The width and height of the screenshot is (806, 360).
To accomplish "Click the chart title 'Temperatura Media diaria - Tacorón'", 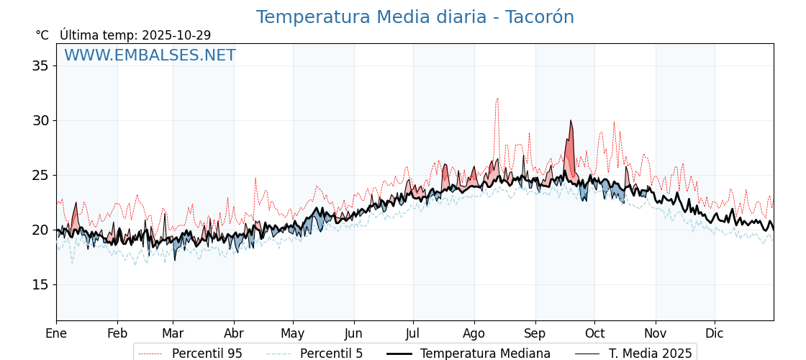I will coord(415,17).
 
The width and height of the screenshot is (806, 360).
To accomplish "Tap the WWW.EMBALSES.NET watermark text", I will coord(150,55).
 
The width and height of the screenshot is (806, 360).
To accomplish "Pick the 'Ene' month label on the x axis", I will coord(56,333).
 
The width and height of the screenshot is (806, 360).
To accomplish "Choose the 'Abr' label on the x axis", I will coord(234,333).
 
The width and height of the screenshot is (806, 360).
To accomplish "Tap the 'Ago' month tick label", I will coord(474,333).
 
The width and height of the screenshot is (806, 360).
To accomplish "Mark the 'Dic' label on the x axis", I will coord(715,333).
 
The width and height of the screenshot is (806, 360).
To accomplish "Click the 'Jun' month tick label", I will coord(353,333).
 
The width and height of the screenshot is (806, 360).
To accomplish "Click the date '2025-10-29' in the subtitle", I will coord(176,35).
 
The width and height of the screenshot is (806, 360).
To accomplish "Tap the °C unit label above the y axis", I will coord(42,35).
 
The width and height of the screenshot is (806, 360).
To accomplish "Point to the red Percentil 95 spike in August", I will coord(497,99).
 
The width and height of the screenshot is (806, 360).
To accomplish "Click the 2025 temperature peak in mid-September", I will coord(571,121).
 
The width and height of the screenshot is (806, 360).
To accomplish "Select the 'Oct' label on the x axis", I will coord(594,333).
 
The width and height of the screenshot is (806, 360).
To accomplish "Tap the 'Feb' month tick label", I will coord(117,333).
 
